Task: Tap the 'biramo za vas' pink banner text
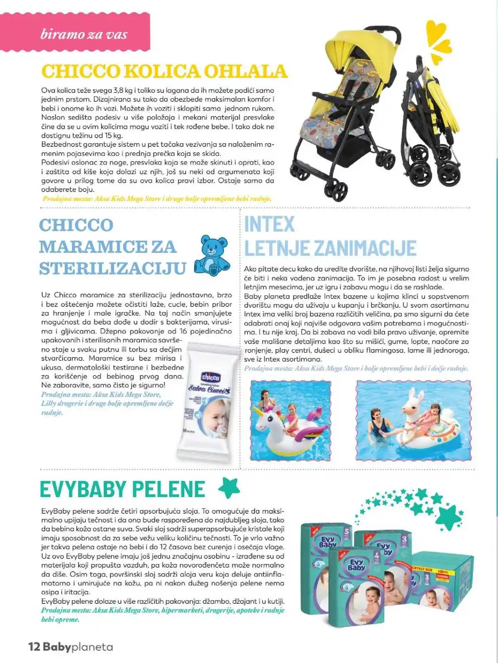(x=84, y=34)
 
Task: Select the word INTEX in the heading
(x=269, y=224)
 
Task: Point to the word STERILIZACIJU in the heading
(x=112, y=268)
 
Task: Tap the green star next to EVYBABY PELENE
(x=229, y=488)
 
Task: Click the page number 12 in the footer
(x=34, y=646)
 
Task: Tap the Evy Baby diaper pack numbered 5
(x=326, y=551)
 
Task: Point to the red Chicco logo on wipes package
(x=211, y=377)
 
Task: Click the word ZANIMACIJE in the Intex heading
(x=365, y=248)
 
